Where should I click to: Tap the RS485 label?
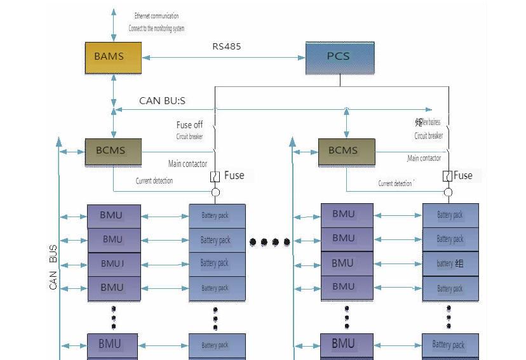[227, 46]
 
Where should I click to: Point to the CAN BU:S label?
[162, 101]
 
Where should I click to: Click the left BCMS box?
[113, 151]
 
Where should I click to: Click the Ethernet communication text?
[156, 16]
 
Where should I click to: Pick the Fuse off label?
[190, 125]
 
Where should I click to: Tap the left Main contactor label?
[187, 164]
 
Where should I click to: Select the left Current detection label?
[154, 181]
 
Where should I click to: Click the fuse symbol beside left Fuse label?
[215, 176]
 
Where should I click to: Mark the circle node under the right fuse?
[448, 192]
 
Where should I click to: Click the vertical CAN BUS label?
[53, 267]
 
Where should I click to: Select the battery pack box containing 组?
[450, 263]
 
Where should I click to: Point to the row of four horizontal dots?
[270, 241]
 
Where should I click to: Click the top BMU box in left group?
[112, 216]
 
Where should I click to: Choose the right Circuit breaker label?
[429, 136]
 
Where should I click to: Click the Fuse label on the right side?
[463, 175]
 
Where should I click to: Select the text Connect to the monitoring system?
[156, 29]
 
